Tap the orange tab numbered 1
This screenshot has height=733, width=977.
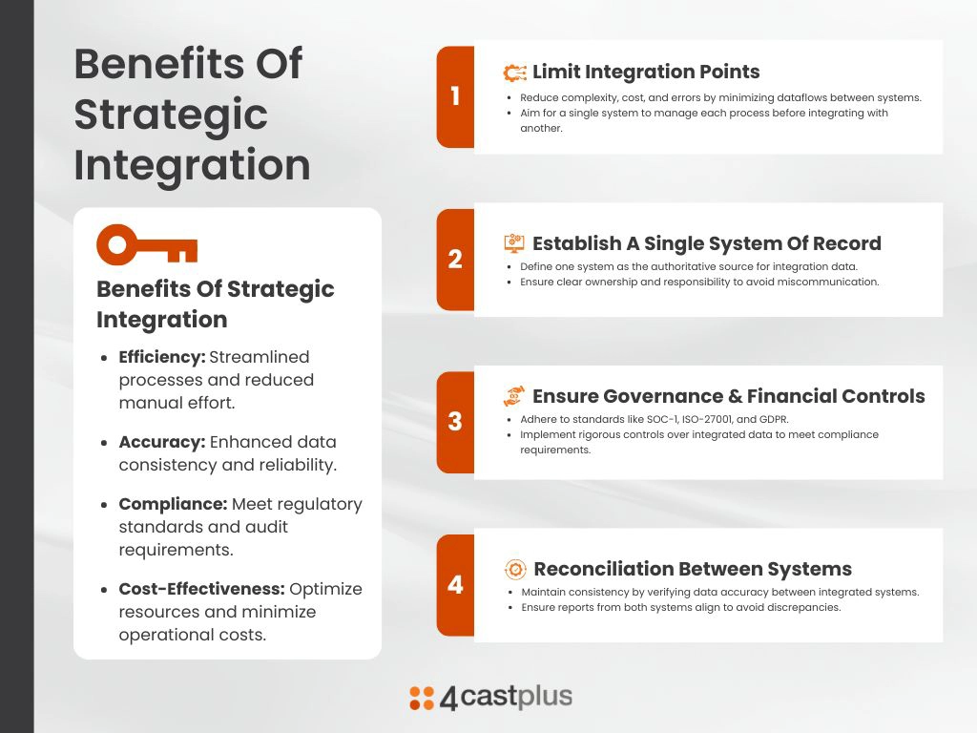coord(455,96)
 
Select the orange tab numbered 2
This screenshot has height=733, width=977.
coord(455,260)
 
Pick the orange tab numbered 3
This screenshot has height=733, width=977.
coord(455,422)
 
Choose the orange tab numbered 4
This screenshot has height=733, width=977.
coord(455,585)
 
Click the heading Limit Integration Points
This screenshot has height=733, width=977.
coord(646,72)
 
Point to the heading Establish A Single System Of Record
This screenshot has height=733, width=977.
coord(707,243)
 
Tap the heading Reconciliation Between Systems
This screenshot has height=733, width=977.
coord(693,569)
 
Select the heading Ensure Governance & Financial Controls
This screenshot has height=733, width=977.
coord(728,396)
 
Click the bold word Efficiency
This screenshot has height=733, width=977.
coord(162,357)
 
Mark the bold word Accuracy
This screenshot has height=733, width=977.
coord(162,442)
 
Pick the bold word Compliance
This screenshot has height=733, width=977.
coord(173,504)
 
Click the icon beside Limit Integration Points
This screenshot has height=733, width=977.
coord(514,73)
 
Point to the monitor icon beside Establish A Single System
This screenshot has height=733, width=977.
coord(514,243)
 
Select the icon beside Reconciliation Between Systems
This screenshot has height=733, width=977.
coord(515,569)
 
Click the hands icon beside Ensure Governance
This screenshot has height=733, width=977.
coord(514,396)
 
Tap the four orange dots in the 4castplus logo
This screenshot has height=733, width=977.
coord(422,698)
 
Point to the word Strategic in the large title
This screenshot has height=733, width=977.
coord(171,115)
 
